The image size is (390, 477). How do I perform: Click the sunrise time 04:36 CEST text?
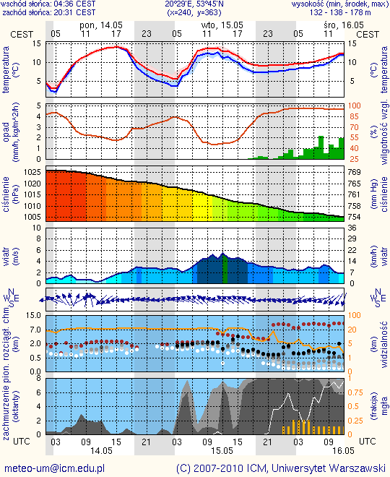[x=75, y=4]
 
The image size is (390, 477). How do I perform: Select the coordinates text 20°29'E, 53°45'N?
[x=194, y=4]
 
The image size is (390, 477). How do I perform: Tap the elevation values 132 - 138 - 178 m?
[x=340, y=12]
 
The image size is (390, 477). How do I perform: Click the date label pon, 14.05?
[x=101, y=25]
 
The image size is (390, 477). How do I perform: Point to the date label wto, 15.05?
[x=222, y=25]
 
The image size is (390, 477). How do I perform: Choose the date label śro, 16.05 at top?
[x=344, y=25]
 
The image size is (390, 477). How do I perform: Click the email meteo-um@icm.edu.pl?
[x=55, y=468]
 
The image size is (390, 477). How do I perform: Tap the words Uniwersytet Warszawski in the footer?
[x=329, y=468]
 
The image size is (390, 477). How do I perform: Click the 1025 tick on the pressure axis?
[x=32, y=172]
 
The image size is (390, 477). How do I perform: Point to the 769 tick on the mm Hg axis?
[x=354, y=172]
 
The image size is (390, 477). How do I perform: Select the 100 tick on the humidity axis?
[x=354, y=106]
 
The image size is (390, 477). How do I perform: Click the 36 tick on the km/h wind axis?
[x=352, y=228]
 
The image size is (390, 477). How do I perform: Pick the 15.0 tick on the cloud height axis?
[x=33, y=315]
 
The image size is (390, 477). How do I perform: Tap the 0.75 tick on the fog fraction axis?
[x=355, y=392]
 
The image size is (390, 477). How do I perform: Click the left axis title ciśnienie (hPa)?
[x=9, y=194]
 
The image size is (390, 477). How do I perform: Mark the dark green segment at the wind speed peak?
[x=225, y=268]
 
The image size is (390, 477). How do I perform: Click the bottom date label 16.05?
[x=344, y=450]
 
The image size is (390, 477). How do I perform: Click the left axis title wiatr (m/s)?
[x=9, y=256]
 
